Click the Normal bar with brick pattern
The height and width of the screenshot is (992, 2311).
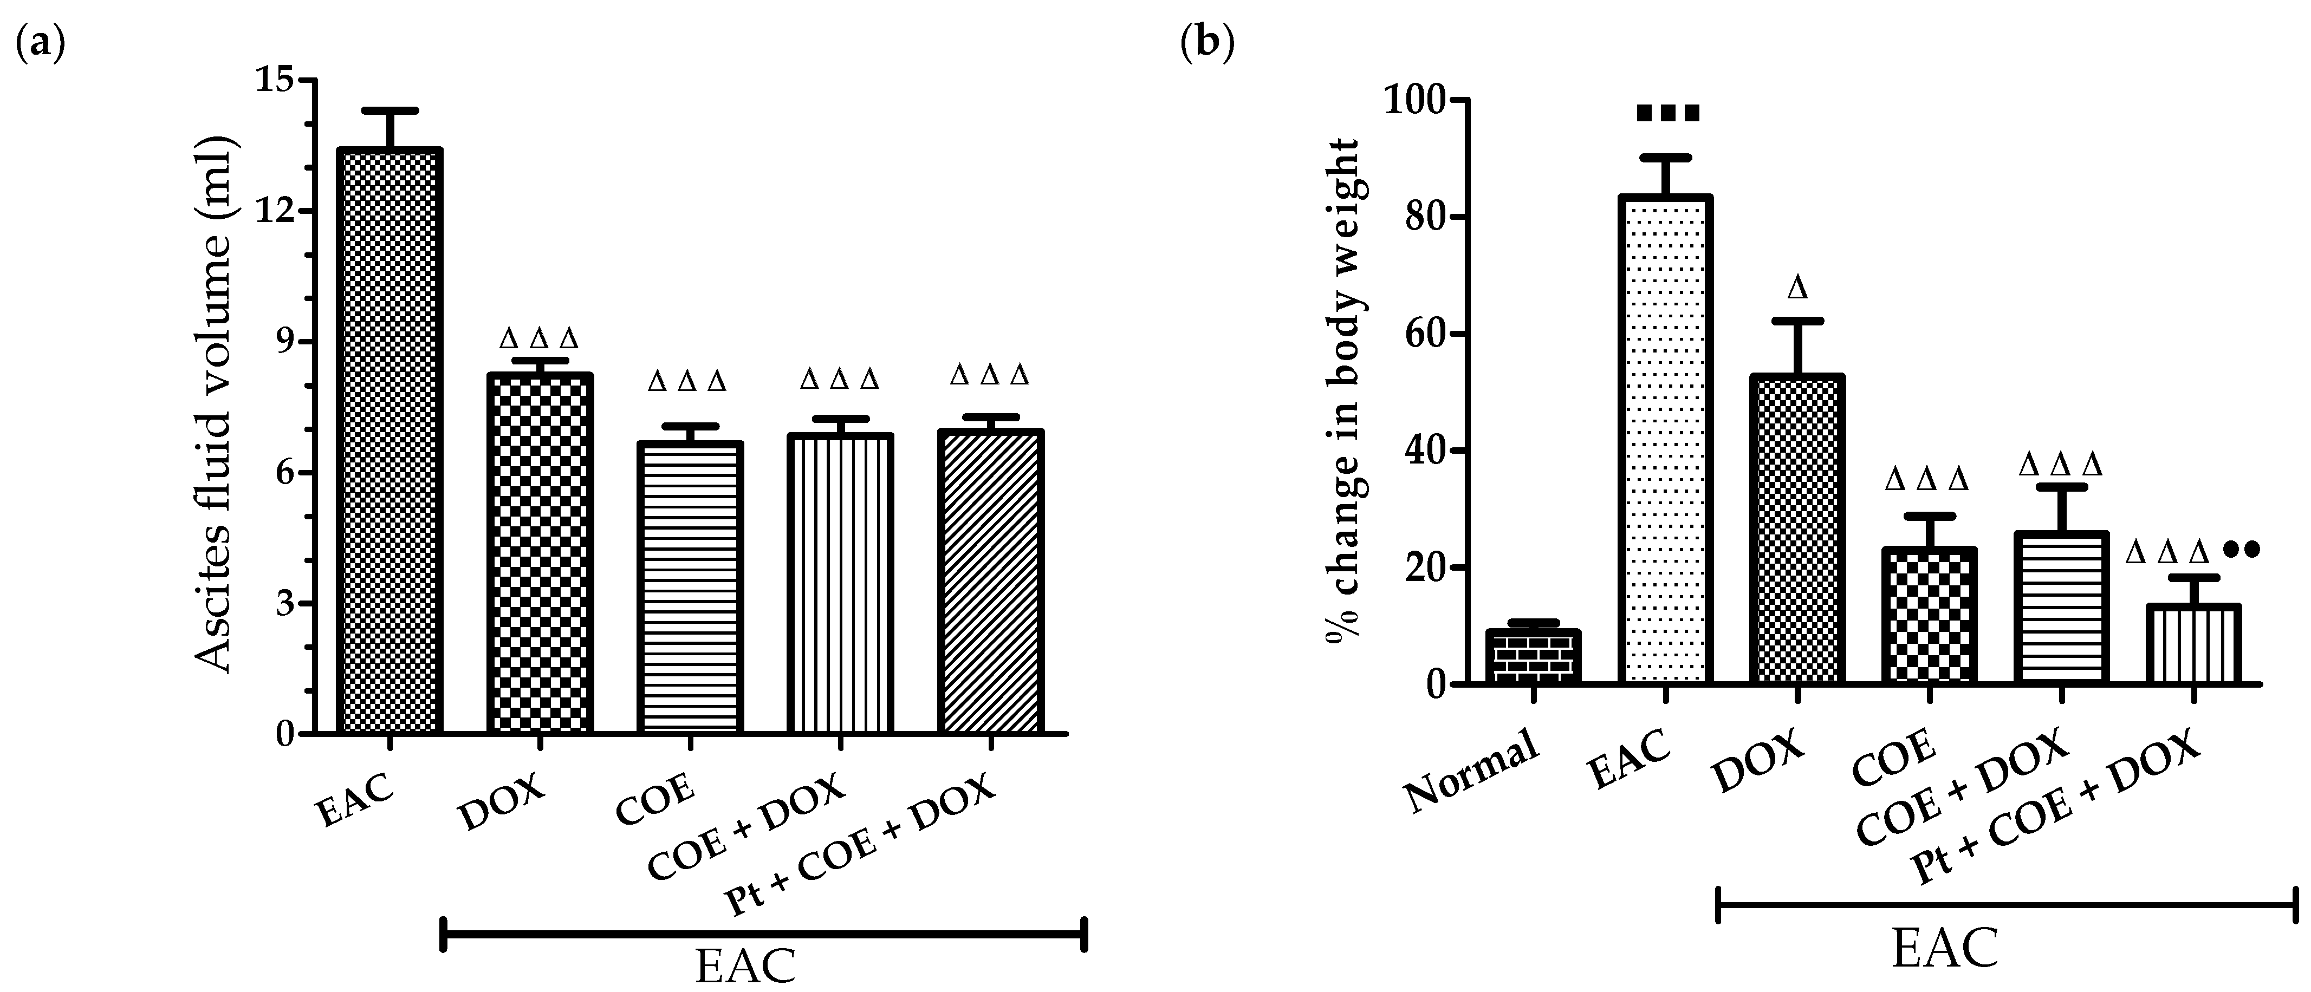pyautogui.click(x=1533, y=657)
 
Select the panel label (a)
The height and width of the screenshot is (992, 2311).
pyautogui.click(x=41, y=43)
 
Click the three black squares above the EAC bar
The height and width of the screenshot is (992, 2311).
pyautogui.click(x=1667, y=114)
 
